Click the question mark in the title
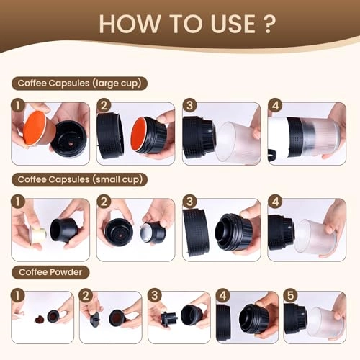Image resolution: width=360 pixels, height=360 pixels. coord(269,24)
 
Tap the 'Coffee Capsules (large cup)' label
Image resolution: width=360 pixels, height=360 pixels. coord(79,84)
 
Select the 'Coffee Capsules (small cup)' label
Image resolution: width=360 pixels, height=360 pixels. coord(79,179)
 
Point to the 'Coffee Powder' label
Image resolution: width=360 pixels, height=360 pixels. coord(50,272)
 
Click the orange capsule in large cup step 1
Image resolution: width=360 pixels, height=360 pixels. coord(36,128)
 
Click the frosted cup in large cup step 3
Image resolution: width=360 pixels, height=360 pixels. coord(238,143)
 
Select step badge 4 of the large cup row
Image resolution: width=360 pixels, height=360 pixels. coord(275,105)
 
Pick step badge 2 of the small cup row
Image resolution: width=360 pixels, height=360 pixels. coord(104,202)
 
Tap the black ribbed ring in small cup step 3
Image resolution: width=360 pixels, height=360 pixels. coord(196,232)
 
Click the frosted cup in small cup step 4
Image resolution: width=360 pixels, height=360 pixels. coord(315,236)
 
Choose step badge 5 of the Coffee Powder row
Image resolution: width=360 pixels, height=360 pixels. coord(290,295)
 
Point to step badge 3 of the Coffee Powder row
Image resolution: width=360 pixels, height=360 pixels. coord(155,295)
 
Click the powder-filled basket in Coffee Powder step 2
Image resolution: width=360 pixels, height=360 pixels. coord(117,318)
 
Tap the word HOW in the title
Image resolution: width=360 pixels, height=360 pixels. coord(130,24)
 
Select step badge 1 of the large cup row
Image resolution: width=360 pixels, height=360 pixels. coord(18,105)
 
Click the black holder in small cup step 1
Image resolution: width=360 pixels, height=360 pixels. coord(64,230)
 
